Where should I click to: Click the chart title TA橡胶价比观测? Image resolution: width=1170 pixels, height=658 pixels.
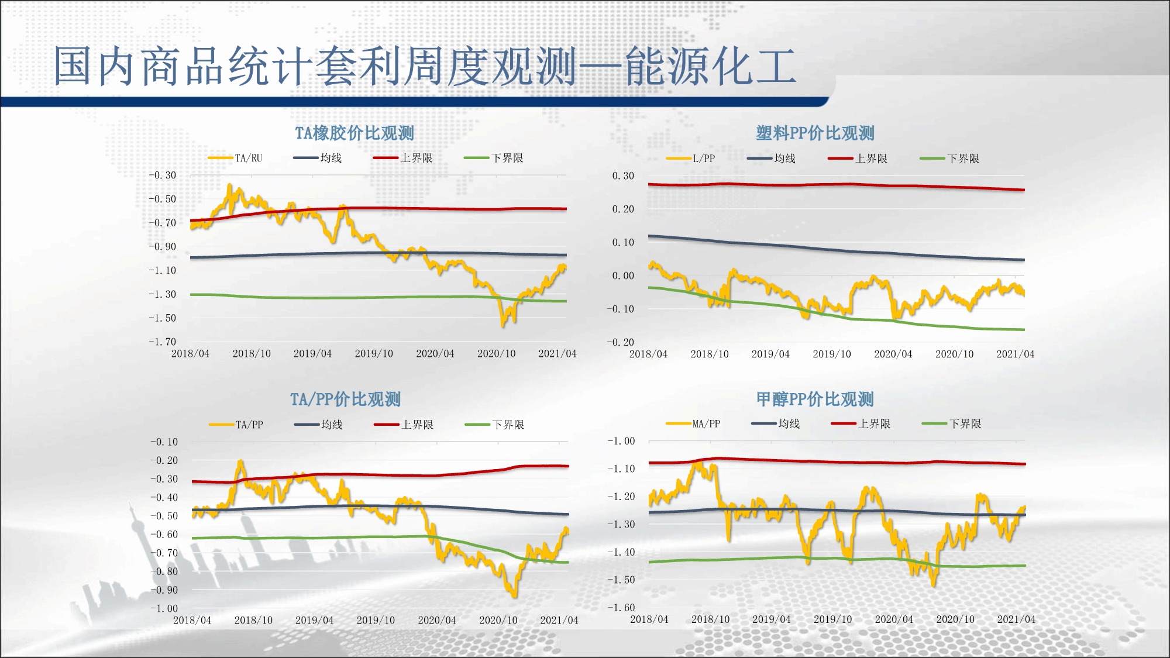[355, 133]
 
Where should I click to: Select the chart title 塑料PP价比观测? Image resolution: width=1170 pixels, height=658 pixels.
[815, 133]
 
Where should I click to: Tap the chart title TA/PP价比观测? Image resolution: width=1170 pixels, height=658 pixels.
[345, 399]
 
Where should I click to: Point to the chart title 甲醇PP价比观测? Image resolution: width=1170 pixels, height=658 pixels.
[815, 399]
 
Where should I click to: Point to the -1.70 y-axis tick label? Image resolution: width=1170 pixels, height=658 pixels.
[162, 342]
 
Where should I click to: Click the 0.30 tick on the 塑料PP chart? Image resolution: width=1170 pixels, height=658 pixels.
[623, 175]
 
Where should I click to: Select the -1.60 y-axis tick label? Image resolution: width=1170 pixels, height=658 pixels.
[621, 607]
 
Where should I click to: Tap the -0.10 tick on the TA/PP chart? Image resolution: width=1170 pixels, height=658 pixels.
[164, 442]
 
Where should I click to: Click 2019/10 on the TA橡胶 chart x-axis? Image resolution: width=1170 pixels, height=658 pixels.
[374, 354]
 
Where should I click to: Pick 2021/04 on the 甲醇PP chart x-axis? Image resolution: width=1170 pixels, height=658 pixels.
[1016, 619]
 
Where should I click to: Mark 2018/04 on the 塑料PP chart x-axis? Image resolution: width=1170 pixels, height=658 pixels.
[648, 354]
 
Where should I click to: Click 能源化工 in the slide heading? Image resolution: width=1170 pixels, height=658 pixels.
[711, 66]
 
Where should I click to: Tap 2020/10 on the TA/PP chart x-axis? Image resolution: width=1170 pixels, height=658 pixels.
[498, 620]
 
